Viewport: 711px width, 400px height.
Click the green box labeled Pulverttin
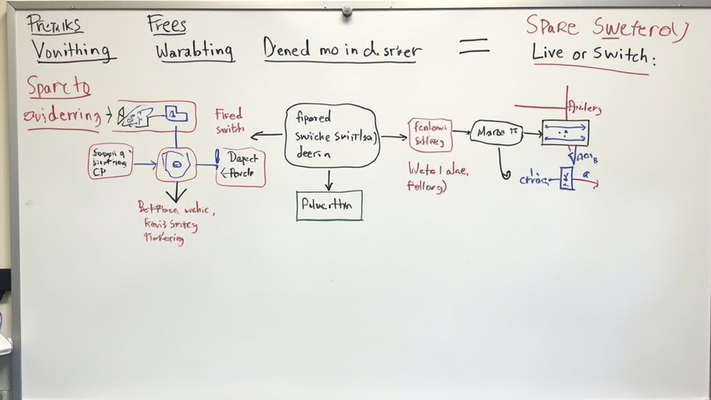(x=329, y=205)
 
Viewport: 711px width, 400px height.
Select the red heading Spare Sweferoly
(x=605, y=28)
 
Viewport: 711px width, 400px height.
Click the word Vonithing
(x=72, y=51)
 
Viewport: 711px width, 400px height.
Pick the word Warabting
(x=194, y=51)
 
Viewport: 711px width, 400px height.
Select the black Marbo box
(x=496, y=132)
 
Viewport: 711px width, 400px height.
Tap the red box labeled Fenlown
(x=430, y=135)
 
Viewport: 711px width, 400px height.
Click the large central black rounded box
(x=331, y=135)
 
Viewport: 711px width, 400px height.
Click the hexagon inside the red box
(x=176, y=165)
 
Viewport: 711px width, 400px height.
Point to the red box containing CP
(x=110, y=162)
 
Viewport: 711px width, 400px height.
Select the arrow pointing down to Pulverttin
(x=329, y=180)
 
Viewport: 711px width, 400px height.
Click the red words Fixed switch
(x=229, y=121)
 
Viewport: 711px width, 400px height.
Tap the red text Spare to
(x=59, y=88)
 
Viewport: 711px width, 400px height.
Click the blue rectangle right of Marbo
(x=565, y=132)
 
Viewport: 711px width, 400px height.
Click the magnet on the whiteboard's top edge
(x=346, y=10)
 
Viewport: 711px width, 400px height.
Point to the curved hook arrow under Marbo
(x=503, y=166)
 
